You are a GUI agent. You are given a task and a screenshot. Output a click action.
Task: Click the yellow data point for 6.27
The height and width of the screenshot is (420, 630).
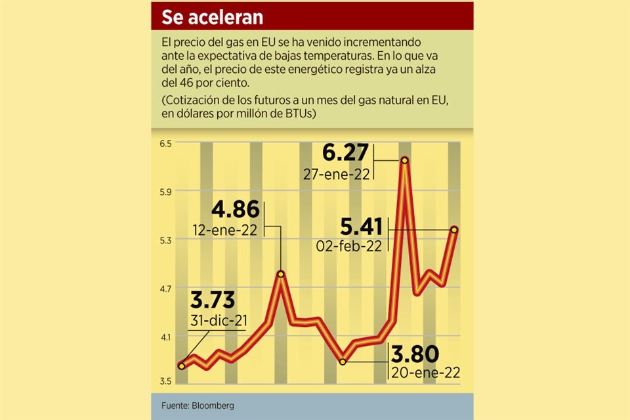(x=405, y=160)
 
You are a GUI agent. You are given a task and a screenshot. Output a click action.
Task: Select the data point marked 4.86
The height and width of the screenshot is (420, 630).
(x=281, y=274)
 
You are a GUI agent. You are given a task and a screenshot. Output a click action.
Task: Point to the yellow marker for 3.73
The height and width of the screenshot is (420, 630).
(x=182, y=366)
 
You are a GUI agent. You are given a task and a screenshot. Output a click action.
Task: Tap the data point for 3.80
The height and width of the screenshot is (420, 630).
(x=343, y=361)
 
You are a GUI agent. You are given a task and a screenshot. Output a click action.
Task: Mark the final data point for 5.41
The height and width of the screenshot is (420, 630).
(x=454, y=229)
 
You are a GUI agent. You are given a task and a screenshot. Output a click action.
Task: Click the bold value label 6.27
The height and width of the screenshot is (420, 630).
(x=346, y=154)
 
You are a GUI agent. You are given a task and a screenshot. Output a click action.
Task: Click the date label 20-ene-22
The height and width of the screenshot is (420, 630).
(x=425, y=372)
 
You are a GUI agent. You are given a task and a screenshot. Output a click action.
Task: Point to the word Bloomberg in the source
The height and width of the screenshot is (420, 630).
(x=213, y=406)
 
